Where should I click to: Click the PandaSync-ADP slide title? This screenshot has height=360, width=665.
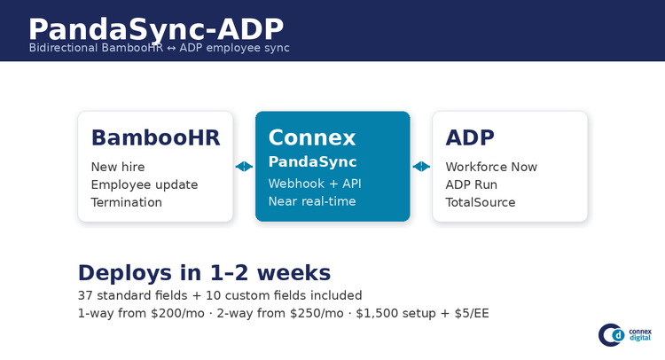click(x=156, y=29)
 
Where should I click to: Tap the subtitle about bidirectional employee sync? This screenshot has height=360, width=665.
click(x=159, y=48)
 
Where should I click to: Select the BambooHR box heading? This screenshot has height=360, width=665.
click(x=156, y=137)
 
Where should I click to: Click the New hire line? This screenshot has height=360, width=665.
click(x=118, y=167)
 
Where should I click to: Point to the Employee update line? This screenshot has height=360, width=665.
click(x=145, y=184)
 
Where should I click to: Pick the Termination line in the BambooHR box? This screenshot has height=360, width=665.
click(x=127, y=202)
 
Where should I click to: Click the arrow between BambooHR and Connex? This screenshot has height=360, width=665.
click(x=245, y=167)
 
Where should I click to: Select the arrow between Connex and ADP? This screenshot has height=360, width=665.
click(x=421, y=167)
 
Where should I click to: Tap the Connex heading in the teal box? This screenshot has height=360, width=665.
click(x=312, y=137)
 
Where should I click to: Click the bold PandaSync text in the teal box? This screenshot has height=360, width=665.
click(x=313, y=161)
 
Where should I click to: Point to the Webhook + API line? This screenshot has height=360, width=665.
click(x=315, y=184)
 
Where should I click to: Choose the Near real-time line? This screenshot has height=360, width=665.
click(x=312, y=201)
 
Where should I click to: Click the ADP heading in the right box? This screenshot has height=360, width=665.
click(x=470, y=137)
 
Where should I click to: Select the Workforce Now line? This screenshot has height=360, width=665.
click(x=491, y=167)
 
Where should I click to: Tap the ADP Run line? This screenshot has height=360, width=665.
click(x=472, y=184)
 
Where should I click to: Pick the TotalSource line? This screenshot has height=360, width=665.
click(x=481, y=202)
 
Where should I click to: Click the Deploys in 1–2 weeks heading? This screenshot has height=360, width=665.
click(x=205, y=272)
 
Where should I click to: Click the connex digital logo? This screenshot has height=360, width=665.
click(x=625, y=335)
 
